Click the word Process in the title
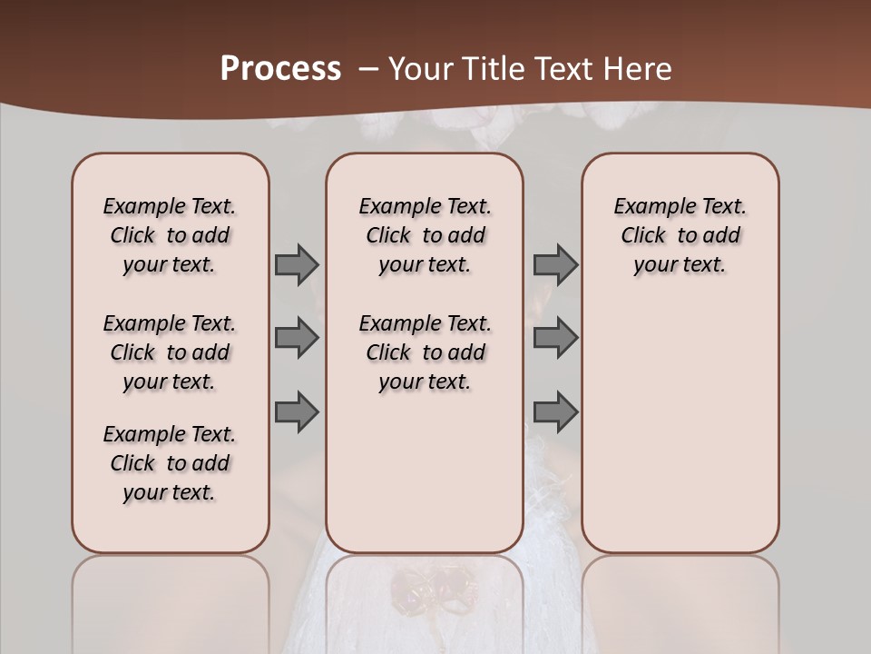(280, 69)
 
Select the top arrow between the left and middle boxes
(297, 264)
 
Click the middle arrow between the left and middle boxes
(297, 338)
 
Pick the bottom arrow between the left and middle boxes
(297, 411)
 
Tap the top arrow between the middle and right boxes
(555, 264)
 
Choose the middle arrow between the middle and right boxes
(555, 338)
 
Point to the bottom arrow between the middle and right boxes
(555, 411)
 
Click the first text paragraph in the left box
(170, 235)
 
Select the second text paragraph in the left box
(170, 352)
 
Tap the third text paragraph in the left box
(170, 463)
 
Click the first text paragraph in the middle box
(425, 235)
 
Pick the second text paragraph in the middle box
(425, 352)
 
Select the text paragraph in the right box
(680, 235)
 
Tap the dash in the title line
(368, 69)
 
